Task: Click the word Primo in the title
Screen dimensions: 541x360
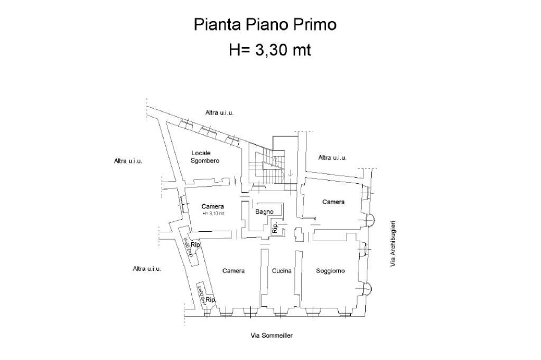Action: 316,25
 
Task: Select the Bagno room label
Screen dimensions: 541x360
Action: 264,212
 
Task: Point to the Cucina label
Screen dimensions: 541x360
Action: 282,271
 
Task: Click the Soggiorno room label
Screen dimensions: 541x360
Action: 330,271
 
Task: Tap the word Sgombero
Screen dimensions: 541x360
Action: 205,160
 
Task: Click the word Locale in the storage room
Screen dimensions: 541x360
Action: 201,153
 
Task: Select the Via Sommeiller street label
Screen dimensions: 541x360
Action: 272,335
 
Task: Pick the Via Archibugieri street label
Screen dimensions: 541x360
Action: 393,244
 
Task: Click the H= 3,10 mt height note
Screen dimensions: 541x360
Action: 214,213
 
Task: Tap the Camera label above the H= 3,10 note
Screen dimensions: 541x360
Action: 213,206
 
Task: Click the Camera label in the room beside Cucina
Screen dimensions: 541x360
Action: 233,271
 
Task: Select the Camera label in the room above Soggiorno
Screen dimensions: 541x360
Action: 333,202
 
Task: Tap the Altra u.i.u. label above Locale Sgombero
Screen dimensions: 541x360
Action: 219,112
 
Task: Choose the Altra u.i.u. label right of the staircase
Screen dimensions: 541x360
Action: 332,157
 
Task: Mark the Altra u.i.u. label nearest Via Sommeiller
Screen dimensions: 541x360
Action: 146,269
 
